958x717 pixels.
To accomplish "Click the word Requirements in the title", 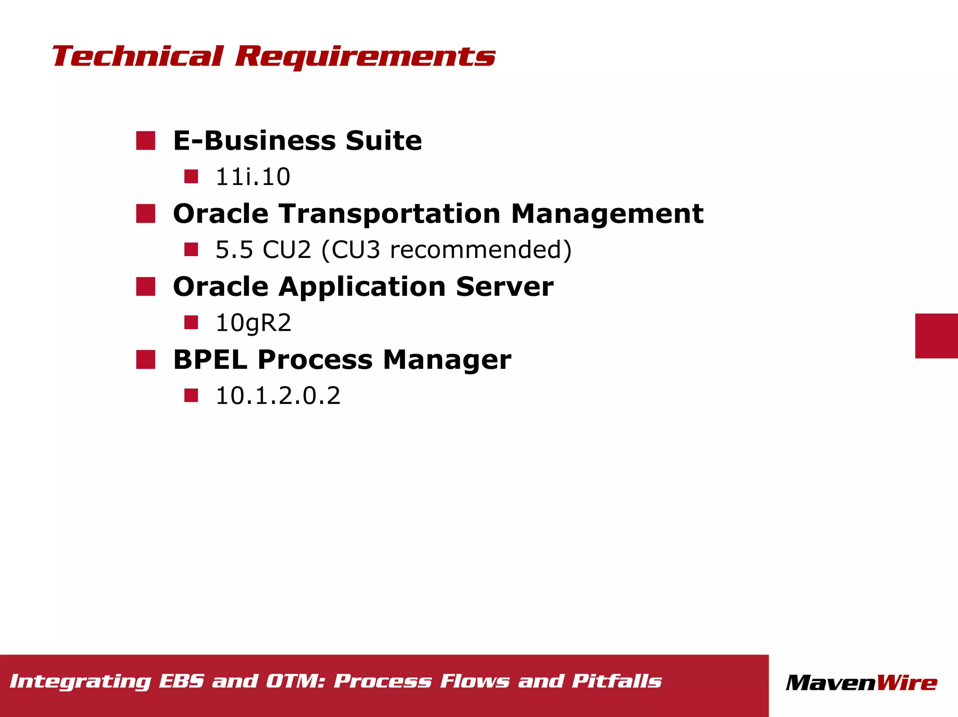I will [x=365, y=57].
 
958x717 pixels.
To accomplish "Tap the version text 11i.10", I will [x=253, y=177].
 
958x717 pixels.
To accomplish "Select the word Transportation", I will [x=390, y=214].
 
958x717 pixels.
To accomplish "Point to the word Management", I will [x=607, y=214].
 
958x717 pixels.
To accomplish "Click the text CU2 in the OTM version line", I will [x=286, y=250].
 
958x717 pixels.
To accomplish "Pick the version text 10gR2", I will [x=253, y=323].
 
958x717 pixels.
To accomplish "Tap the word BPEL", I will [x=210, y=360].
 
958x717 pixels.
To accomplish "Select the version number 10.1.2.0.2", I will [x=278, y=396].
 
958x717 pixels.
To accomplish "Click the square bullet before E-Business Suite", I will [x=145, y=141].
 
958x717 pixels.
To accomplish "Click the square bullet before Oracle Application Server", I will [x=145, y=287].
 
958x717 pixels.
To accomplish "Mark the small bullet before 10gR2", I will [x=191, y=323].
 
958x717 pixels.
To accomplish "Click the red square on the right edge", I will [x=936, y=336].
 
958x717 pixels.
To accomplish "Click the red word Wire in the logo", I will [x=907, y=683].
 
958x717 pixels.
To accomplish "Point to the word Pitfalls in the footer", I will [x=617, y=681].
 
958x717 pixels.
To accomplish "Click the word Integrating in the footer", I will [x=80, y=681].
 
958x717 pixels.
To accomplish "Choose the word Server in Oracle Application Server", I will [x=504, y=287].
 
